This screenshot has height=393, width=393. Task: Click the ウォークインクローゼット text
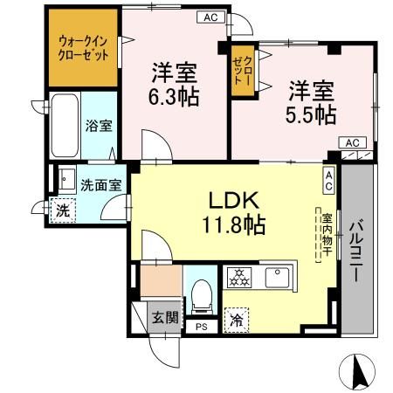click(84, 47)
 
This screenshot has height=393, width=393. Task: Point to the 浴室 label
click(98, 126)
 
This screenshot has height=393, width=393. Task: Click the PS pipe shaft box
click(202, 327)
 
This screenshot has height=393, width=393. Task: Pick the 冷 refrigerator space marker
click(235, 321)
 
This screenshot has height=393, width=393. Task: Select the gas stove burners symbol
click(239, 278)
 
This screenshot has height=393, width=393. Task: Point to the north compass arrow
click(358, 373)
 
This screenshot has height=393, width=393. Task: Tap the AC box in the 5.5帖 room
click(352, 142)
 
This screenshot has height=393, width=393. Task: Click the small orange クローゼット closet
click(242, 67)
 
